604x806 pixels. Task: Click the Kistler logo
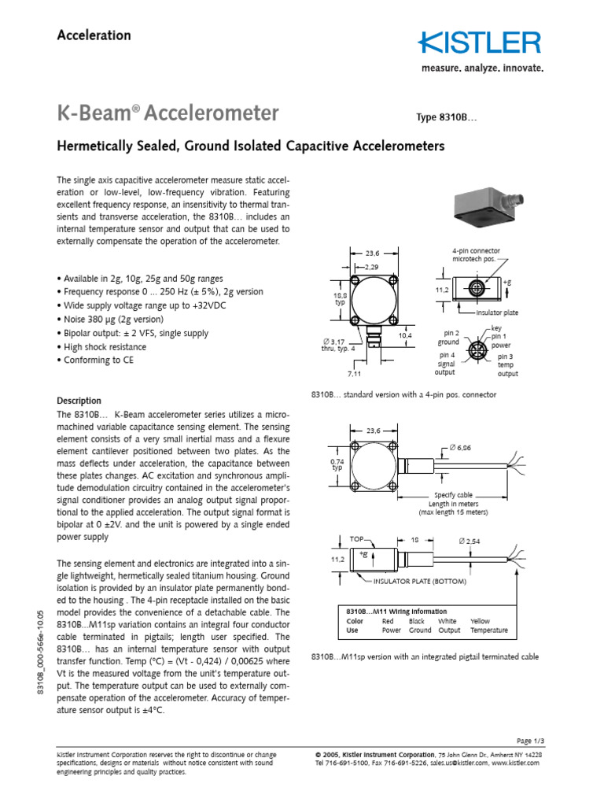[x=480, y=43]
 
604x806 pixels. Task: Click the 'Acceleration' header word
[x=94, y=35]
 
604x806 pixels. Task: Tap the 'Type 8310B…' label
[x=446, y=117]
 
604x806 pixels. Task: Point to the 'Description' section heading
[x=79, y=401]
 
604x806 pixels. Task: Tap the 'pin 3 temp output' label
[x=507, y=365]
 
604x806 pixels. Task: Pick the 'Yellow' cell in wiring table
[x=479, y=621]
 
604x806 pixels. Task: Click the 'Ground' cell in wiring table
[x=420, y=630]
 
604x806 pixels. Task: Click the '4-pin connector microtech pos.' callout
[x=475, y=254]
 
